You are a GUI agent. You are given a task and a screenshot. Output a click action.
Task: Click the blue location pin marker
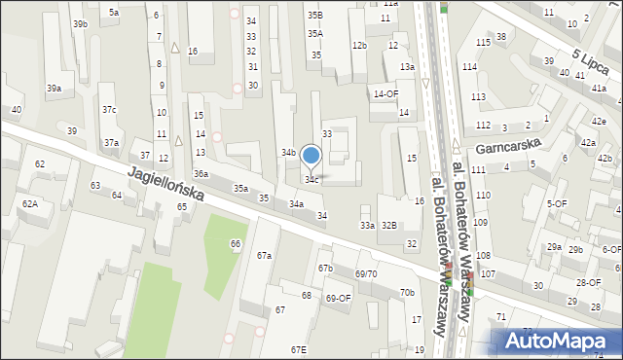coord(311,156)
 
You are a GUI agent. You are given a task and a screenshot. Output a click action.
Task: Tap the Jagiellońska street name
coord(165,185)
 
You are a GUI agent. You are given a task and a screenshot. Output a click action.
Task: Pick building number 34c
coord(311,180)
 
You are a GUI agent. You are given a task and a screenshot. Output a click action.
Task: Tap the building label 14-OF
coord(386,93)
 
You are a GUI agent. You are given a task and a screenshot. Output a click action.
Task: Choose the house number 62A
coord(30,203)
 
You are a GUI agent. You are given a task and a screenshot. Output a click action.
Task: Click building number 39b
coord(80,23)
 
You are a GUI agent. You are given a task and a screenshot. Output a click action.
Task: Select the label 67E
coord(298,349)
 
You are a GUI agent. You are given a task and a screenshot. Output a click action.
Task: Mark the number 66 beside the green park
coord(235,243)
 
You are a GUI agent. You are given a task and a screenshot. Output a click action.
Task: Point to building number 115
coord(483,43)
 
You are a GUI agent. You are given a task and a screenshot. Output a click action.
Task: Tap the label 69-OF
coord(338,298)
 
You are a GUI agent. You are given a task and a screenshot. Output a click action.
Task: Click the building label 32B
coord(389,225)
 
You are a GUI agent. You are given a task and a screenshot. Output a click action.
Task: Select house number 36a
coord(201,173)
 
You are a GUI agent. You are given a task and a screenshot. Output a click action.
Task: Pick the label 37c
coord(109,110)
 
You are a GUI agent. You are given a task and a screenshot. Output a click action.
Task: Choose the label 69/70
coord(366,274)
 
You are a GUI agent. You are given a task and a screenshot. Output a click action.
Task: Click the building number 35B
coord(314,16)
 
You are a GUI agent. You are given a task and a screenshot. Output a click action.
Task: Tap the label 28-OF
coord(588,282)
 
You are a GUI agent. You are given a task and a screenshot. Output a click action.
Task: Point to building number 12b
coord(359,45)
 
